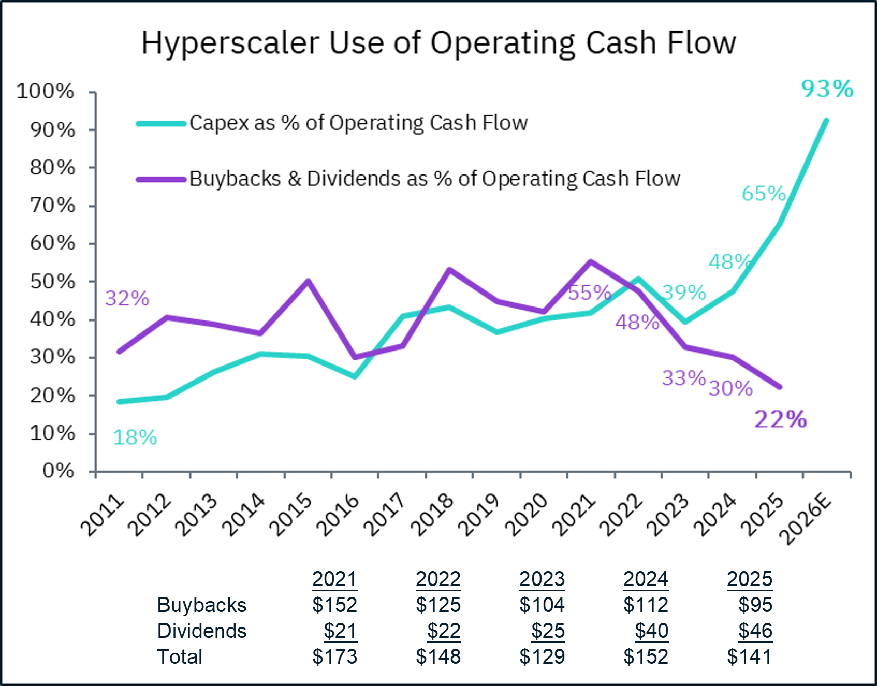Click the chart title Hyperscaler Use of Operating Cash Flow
tap(439, 42)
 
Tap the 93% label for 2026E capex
tap(827, 89)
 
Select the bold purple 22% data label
tap(780, 419)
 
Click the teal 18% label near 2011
tap(135, 437)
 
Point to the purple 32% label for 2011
tap(127, 298)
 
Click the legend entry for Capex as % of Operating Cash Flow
tap(358, 123)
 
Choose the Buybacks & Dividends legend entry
tap(434, 179)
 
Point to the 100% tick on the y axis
tap(46, 92)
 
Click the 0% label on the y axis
tap(58, 471)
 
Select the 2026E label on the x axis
tap(806, 519)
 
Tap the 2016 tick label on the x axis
tap(338, 515)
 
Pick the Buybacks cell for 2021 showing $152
tap(334, 605)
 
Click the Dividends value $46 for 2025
tap(755, 631)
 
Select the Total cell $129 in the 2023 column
tap(542, 656)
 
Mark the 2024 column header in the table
tap(646, 579)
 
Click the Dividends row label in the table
tap(202, 631)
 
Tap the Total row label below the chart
tap(180, 656)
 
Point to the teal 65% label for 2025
tap(764, 194)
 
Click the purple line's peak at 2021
tap(591, 262)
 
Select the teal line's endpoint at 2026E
tap(826, 121)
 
